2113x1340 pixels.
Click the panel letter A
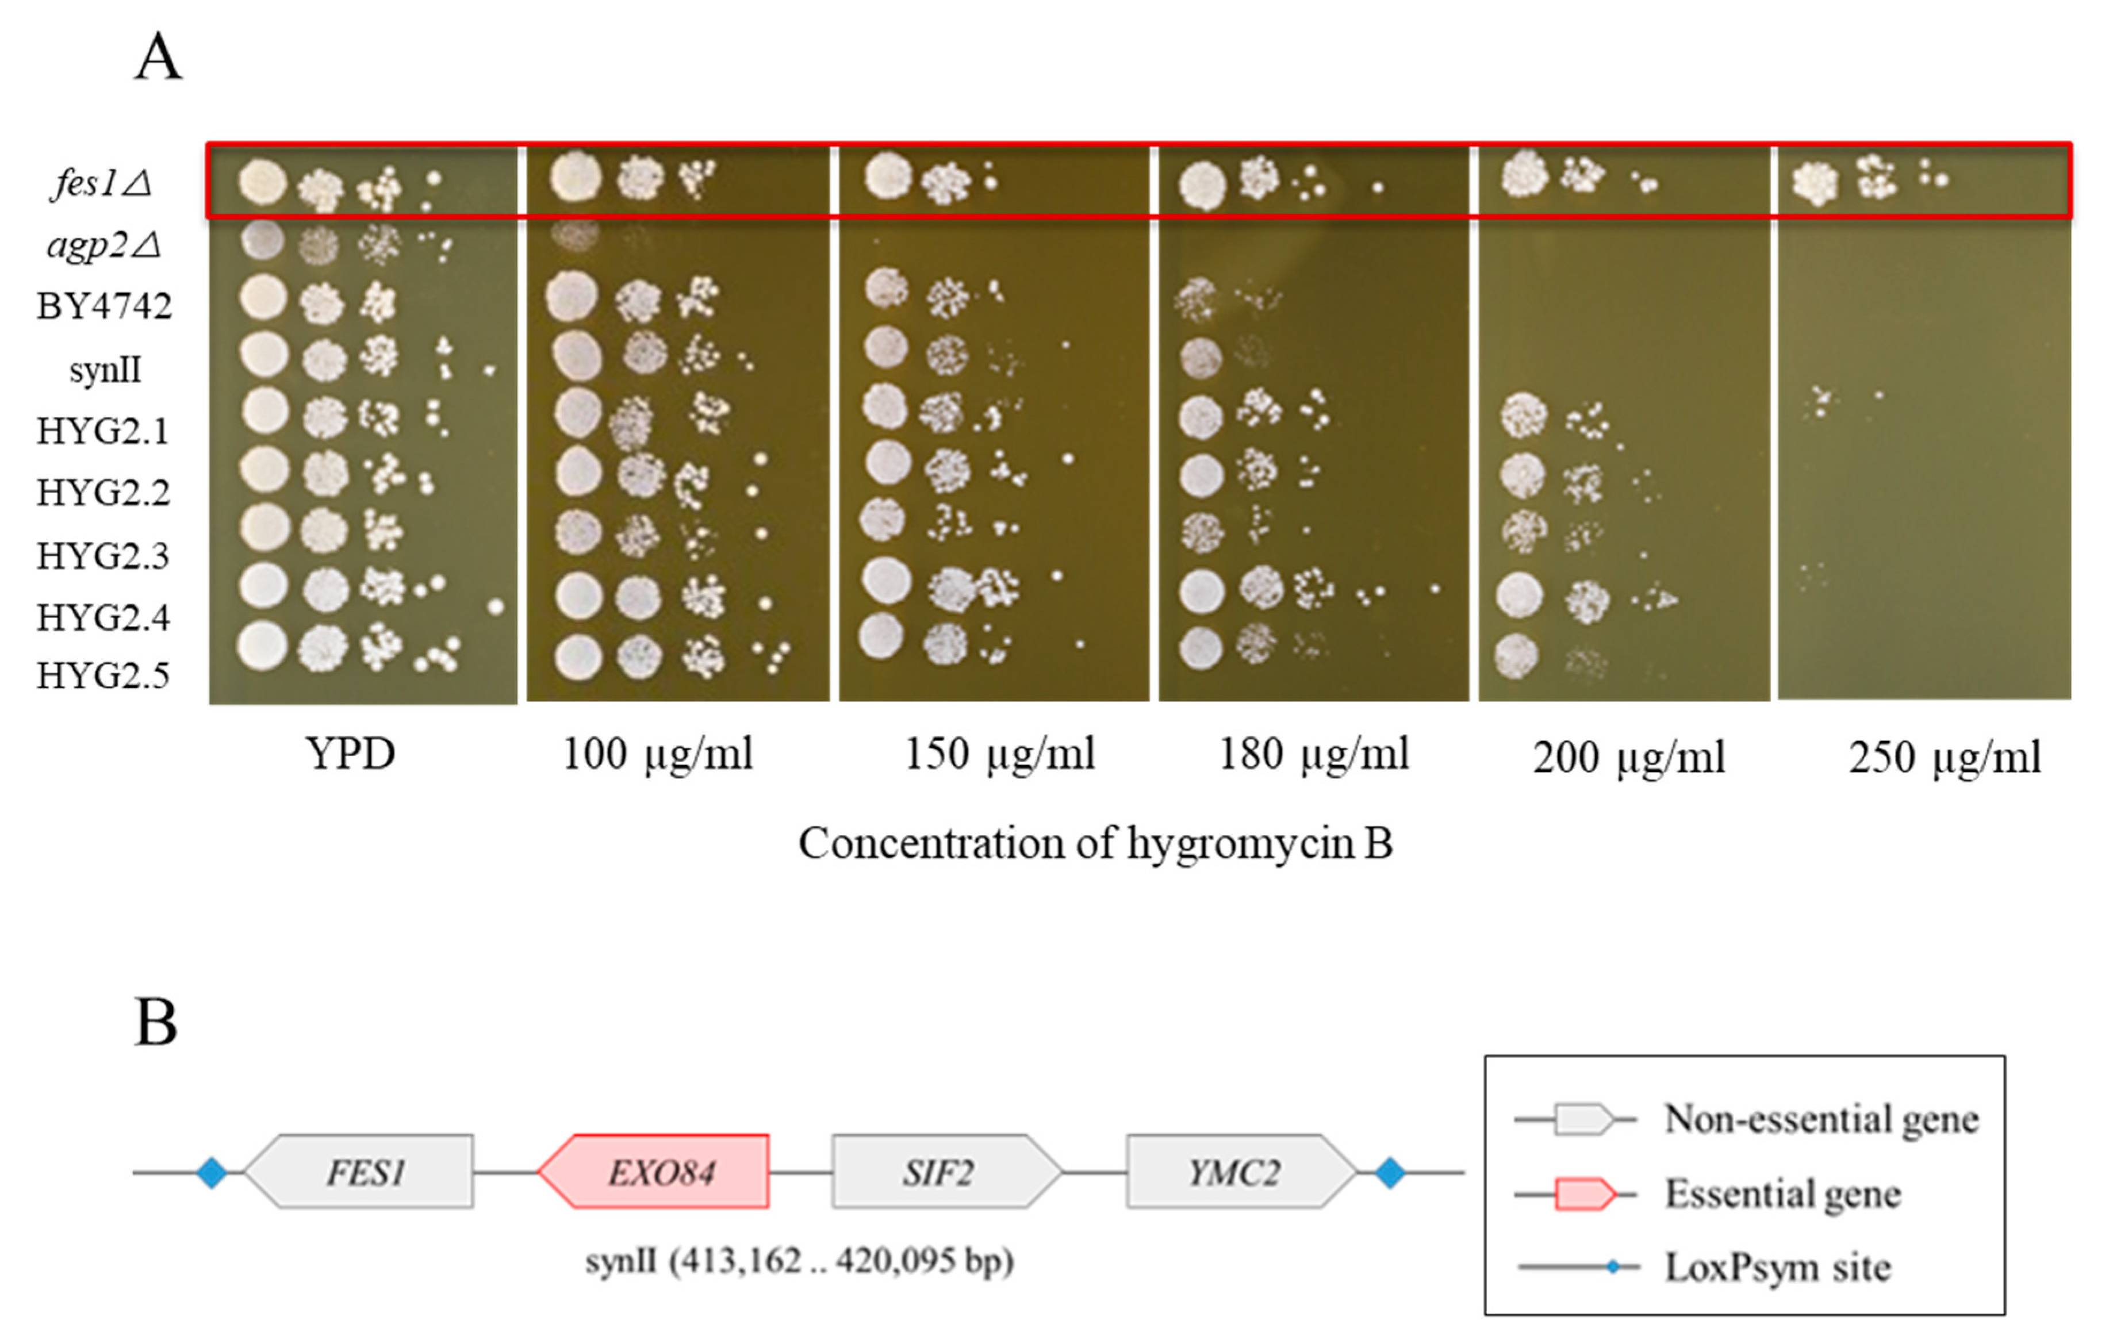[158, 58]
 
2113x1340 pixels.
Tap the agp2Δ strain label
[103, 245]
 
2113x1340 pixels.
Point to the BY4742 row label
[103, 306]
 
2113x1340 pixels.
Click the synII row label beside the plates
[105, 370]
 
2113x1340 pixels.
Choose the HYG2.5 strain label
[103, 675]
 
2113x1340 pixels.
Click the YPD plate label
[350, 754]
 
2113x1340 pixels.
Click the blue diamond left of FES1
[212, 1172]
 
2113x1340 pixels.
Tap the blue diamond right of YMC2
[1389, 1172]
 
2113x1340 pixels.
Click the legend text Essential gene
[1782, 1195]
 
